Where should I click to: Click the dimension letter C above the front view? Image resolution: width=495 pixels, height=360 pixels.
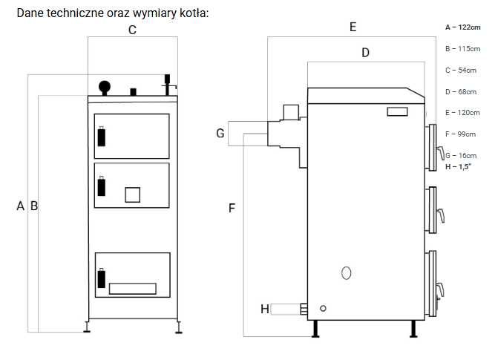pos(132,30)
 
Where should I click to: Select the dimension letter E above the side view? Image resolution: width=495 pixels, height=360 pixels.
pos(353,27)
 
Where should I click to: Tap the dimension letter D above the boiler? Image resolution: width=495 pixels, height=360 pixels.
pos(365,53)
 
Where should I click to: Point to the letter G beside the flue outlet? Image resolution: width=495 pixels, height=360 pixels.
pos(220,133)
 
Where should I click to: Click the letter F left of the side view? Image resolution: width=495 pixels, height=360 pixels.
pos(232,208)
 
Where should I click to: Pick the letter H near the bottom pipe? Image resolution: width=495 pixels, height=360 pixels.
pos(265,309)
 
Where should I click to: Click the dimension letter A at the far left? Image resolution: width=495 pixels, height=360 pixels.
pos(21,206)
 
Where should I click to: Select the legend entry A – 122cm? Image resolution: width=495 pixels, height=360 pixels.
pos(463,27)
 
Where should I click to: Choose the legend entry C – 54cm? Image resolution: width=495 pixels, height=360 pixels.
pos(461,70)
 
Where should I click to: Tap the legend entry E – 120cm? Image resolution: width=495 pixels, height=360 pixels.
pos(462,113)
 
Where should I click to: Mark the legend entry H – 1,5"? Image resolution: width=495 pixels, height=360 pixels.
pos(458,167)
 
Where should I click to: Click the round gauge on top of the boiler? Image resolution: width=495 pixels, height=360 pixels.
pos(105,86)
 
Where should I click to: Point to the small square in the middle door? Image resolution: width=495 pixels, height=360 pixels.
pos(133,194)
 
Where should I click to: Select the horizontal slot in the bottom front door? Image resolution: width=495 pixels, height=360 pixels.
pos(133,289)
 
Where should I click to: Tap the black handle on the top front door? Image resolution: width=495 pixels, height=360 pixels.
pos(102,137)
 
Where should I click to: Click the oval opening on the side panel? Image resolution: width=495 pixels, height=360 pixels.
pos(347,273)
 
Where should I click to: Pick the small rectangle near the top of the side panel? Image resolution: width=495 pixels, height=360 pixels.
pos(397,111)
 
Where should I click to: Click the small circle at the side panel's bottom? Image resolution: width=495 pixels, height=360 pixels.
pos(323,308)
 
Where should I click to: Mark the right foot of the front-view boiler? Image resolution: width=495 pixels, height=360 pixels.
pos(179,327)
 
